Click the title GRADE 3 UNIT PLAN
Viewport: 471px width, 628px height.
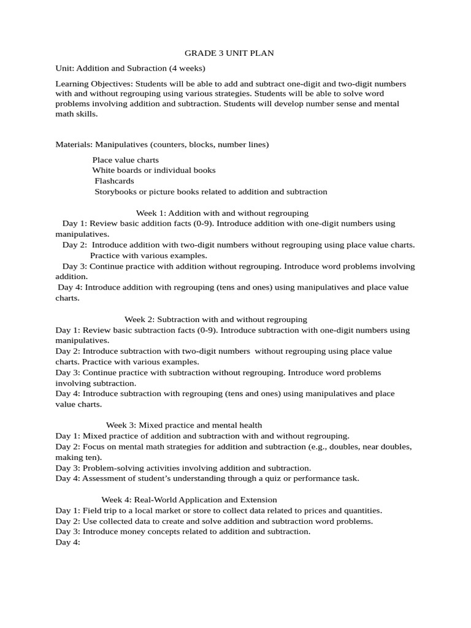tap(229, 53)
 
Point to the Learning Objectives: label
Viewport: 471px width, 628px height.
tap(94, 83)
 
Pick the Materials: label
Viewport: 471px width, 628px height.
tap(73, 145)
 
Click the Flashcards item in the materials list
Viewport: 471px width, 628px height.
tap(114, 181)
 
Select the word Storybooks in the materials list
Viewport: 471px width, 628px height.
tap(115, 191)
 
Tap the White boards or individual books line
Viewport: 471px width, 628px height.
tap(154, 170)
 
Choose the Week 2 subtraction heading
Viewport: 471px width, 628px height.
tap(216, 320)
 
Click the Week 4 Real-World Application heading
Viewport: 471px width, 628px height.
tap(189, 500)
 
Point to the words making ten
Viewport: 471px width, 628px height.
tap(77, 457)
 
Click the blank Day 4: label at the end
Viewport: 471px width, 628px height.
tap(68, 542)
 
